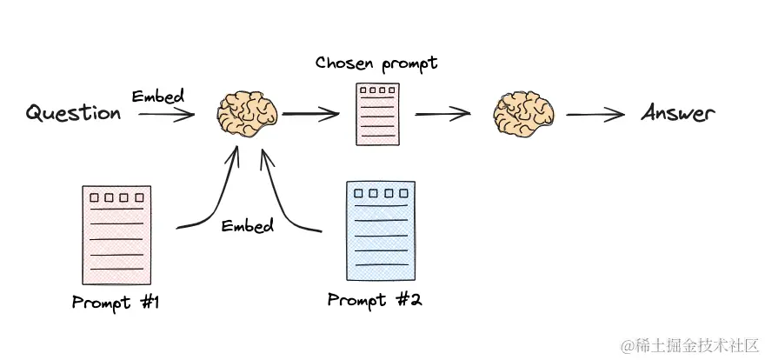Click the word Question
point(73,113)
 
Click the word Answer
point(678,113)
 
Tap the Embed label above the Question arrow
point(157,96)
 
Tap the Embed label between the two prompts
point(247,226)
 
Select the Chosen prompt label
point(376,63)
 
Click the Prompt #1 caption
point(116,303)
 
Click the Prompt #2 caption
point(375,300)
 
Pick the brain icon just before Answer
point(522,114)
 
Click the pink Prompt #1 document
point(116,235)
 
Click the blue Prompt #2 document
point(380,229)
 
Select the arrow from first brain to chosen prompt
point(310,113)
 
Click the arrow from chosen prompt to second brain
point(443,114)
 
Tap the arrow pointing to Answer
point(595,114)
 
